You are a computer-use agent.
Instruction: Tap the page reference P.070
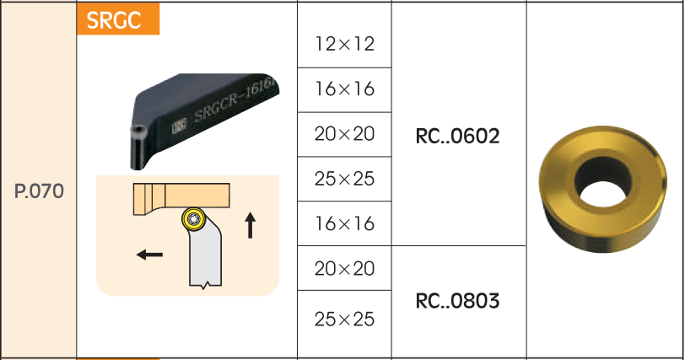tap(40, 191)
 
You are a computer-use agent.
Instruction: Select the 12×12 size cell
tap(344, 44)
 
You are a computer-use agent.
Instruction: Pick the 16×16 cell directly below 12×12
tap(344, 89)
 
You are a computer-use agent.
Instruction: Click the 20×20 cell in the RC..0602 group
tap(344, 134)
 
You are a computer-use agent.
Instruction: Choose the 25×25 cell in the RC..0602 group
tap(344, 179)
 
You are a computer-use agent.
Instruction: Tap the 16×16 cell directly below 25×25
tap(344, 224)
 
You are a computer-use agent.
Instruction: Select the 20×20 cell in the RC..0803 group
tap(344, 269)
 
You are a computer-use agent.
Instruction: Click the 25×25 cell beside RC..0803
tap(344, 320)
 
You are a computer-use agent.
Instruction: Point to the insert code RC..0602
tap(458, 136)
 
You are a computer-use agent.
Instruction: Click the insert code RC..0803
tap(458, 300)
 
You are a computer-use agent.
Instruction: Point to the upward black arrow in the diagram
tap(250, 225)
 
